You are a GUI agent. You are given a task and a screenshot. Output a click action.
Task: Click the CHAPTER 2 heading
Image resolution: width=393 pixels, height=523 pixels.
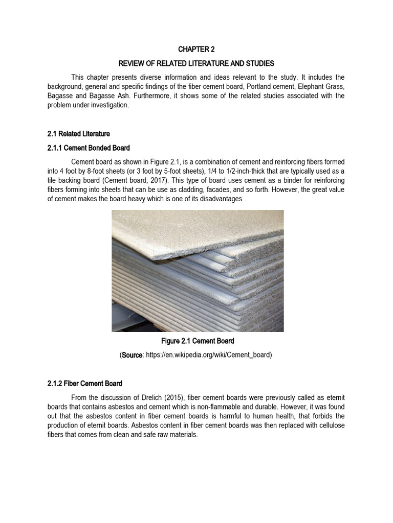pyautogui.click(x=196, y=50)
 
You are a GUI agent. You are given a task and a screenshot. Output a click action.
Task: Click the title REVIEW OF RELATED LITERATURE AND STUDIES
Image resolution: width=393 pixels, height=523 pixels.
pyautogui.click(x=196, y=63)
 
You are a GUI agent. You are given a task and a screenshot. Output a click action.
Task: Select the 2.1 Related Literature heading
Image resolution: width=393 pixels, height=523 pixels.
pyautogui.click(x=78, y=134)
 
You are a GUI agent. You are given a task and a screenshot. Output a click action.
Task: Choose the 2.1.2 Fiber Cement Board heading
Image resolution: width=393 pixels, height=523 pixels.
pyautogui.click(x=85, y=383)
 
